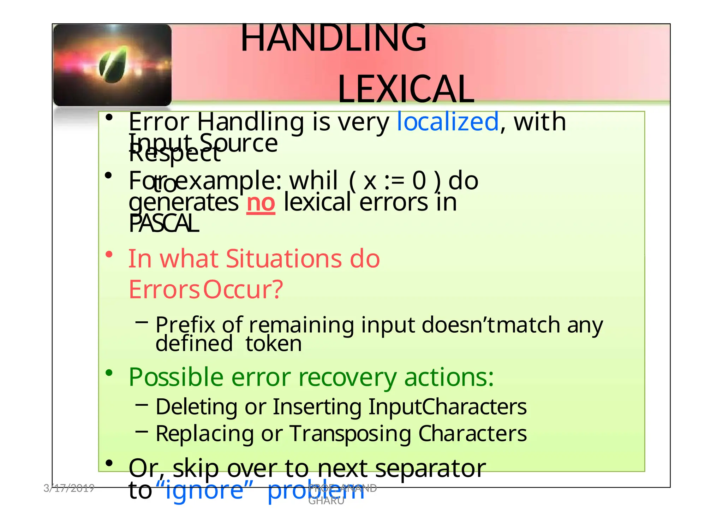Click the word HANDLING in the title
tap(333, 37)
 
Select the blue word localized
tap(448, 121)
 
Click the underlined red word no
tap(261, 203)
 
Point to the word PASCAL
tap(163, 224)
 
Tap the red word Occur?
tap(243, 290)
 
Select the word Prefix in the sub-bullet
tap(185, 325)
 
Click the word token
tap(274, 344)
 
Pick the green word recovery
tap(347, 377)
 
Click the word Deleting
tap(196, 407)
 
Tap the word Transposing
tap(350, 434)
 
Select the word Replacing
tap(204, 434)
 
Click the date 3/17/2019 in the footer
tap(69, 488)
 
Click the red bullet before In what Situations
tap(109, 254)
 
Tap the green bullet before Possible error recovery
tap(109, 373)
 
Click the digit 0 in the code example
tap(419, 181)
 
